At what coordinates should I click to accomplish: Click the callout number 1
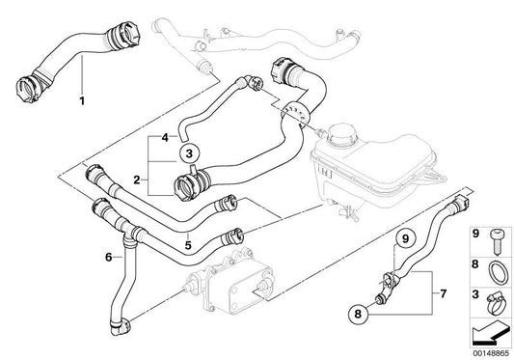pyautogui.click(x=81, y=99)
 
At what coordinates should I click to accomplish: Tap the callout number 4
pyautogui.click(x=164, y=137)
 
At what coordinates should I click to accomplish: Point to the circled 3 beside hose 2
pyautogui.click(x=190, y=152)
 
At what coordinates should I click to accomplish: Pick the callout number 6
pyautogui.click(x=109, y=257)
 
